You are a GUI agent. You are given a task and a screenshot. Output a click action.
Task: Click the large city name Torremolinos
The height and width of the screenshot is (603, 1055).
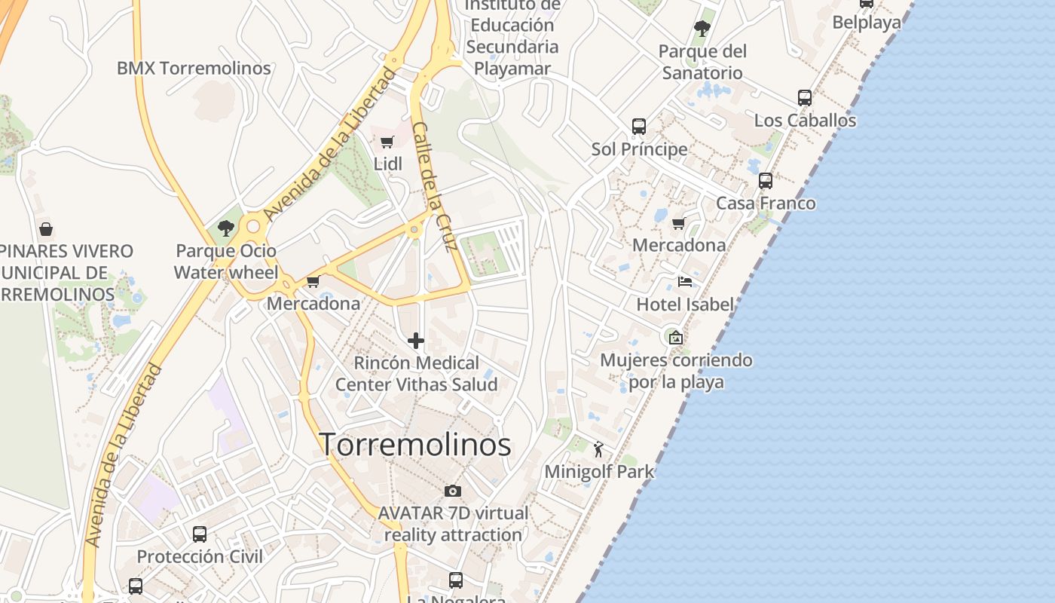[415, 444]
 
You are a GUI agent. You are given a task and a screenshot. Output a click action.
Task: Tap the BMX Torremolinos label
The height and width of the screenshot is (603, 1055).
[194, 69]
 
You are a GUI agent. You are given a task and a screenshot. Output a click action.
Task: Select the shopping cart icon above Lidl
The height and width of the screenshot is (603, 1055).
[387, 142]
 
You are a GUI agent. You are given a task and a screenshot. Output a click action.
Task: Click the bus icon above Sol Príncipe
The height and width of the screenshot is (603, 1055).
[639, 126]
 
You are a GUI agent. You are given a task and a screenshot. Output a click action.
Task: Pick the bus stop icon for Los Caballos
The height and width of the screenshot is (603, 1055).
[805, 98]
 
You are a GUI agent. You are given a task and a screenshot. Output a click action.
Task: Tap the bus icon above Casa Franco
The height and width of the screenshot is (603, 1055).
[766, 181]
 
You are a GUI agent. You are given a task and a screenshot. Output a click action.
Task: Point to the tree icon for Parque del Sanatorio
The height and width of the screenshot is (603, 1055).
[702, 29]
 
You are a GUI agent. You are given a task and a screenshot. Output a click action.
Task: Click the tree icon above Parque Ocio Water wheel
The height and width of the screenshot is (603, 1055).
[225, 228]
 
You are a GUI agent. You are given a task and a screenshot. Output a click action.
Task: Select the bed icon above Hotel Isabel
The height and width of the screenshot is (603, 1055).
[685, 282]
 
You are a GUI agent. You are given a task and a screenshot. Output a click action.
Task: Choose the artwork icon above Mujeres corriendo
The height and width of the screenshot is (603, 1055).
[675, 338]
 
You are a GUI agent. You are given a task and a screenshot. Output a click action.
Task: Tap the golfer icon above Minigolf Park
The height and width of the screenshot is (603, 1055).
[599, 450]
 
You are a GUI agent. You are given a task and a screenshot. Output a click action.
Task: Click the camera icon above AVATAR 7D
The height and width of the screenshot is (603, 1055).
[452, 491]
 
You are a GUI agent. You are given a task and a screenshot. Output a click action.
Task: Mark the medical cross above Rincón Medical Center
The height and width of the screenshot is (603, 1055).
[416, 341]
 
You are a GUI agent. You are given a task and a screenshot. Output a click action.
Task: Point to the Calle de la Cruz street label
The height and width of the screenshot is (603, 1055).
[436, 186]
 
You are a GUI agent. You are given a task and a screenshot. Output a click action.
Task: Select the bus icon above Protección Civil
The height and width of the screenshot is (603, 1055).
[200, 534]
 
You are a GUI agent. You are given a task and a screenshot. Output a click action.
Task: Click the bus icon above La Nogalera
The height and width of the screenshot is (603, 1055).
[456, 580]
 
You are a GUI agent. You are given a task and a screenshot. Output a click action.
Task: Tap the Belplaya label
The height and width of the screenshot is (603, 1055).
[867, 23]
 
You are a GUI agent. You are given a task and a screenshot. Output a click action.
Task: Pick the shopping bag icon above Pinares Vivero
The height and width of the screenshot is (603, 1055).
[46, 229]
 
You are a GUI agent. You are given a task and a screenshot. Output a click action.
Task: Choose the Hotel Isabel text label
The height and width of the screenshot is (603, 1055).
[685, 305]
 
